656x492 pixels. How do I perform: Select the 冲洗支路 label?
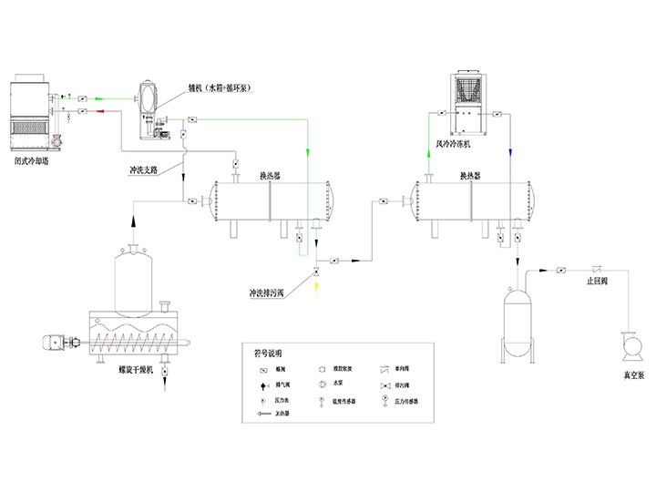pyautogui.click(x=145, y=169)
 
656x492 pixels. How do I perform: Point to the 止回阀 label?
pyautogui.click(x=599, y=282)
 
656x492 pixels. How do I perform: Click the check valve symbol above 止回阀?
pyautogui.click(x=598, y=269)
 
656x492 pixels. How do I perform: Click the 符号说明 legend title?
pyautogui.click(x=268, y=353)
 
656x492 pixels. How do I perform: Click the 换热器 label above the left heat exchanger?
pyautogui.click(x=269, y=175)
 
